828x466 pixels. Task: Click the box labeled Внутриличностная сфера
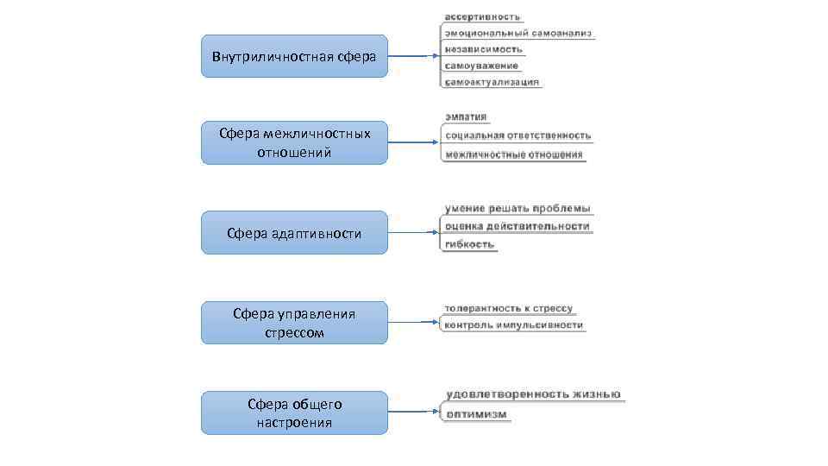294,56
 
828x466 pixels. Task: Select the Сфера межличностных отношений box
294,142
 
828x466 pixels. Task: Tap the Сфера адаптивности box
294,233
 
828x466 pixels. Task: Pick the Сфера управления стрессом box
294,323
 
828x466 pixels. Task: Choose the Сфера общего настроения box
294,412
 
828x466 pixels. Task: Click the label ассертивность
483,17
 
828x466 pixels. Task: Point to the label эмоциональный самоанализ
517,34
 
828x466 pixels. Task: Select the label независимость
484,49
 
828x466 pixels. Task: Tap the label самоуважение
482,66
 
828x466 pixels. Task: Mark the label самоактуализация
492,82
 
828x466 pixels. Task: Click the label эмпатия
467,117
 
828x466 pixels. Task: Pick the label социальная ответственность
517,135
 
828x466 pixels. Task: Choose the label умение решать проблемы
517,208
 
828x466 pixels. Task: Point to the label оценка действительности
517,226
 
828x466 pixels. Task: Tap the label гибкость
470,244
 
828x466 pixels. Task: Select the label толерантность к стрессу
508,308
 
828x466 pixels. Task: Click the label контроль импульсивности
513,325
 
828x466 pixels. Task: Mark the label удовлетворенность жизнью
532,394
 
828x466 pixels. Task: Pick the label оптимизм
477,414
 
